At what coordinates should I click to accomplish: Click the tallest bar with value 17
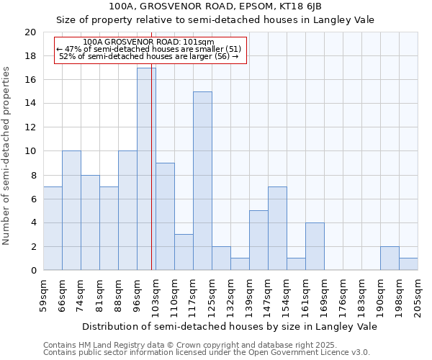[146, 169]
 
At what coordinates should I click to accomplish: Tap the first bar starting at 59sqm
[53, 228]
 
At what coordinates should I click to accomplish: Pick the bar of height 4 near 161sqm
[315, 246]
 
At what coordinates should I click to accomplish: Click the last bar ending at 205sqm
[408, 264]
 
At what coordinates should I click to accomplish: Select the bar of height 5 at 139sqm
[258, 240]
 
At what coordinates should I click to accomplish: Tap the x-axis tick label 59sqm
[43, 294]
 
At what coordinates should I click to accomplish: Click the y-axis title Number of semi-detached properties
[7, 155]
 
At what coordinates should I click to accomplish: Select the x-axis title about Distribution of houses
[230, 326]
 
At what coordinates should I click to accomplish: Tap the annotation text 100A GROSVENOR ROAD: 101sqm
[149, 42]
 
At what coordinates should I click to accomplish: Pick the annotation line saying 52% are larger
[149, 56]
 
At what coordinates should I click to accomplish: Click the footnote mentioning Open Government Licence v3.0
[207, 352]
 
